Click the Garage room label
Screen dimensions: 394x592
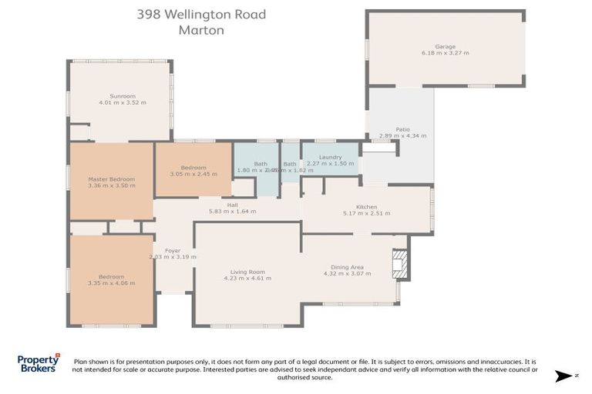click(445, 46)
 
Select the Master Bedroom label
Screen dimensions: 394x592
click(111, 179)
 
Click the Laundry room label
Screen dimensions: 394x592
click(330, 158)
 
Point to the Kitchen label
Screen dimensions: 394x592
click(366, 207)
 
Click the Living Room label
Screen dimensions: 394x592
click(247, 272)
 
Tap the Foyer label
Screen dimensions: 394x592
click(173, 250)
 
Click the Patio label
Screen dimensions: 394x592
click(402, 129)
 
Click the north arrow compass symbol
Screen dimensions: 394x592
click(565, 376)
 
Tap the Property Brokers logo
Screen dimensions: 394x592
click(39, 363)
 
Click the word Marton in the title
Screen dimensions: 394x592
click(201, 31)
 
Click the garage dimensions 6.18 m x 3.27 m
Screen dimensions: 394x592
click(445, 52)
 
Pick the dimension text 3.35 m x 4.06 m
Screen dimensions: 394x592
click(111, 283)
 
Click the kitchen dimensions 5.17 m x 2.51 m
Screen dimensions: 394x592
click(366, 213)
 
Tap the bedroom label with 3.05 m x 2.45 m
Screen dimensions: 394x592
click(193, 168)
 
